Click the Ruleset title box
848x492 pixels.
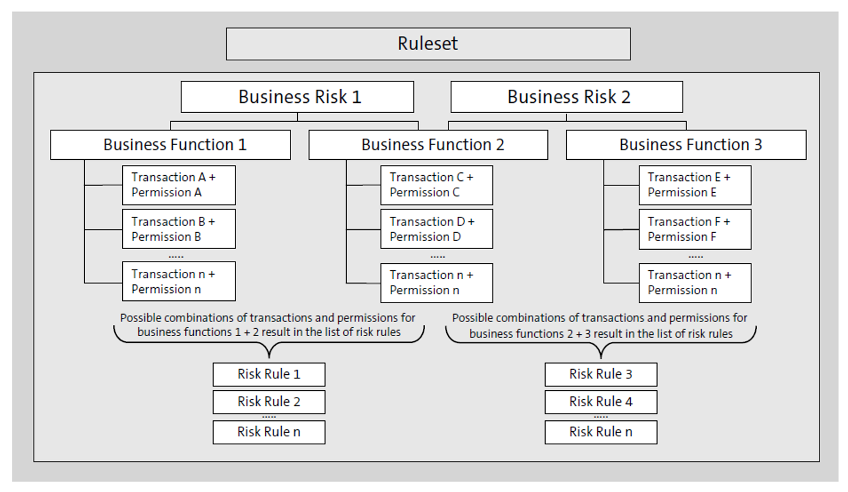click(x=428, y=44)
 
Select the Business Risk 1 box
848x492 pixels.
click(x=297, y=97)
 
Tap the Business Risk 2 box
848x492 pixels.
click(x=567, y=97)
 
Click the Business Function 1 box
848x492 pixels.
click(x=171, y=144)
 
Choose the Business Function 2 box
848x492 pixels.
click(x=428, y=144)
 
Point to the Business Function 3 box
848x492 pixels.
click(x=686, y=144)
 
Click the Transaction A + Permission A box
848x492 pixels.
click(x=178, y=185)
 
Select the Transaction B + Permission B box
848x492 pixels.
click(x=178, y=229)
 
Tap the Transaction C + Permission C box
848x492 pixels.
click(x=437, y=185)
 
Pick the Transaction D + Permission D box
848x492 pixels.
click(x=437, y=229)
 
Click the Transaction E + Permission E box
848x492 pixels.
click(x=695, y=185)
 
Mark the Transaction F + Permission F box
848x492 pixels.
click(x=695, y=229)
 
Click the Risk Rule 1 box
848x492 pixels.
click(x=269, y=374)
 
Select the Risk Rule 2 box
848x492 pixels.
click(x=269, y=402)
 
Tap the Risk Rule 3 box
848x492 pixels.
click(x=601, y=374)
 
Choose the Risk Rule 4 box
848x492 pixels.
click(x=601, y=402)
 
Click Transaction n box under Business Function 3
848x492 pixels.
click(x=695, y=283)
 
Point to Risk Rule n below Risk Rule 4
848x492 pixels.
click(x=601, y=432)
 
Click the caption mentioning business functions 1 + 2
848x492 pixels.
click(x=268, y=325)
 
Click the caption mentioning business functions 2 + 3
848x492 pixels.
click(x=600, y=326)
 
